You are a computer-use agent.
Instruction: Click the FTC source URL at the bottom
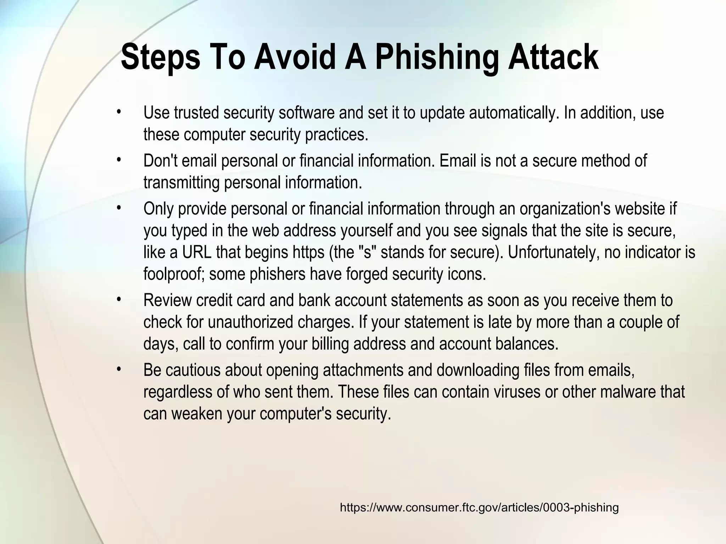pyautogui.click(x=479, y=508)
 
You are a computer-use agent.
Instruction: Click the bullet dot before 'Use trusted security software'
pyautogui.click(x=119, y=112)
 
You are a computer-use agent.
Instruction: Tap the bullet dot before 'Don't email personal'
pyautogui.click(x=119, y=160)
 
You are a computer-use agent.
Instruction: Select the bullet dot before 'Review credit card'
pyautogui.click(x=119, y=300)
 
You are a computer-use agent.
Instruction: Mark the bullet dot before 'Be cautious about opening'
pyautogui.click(x=119, y=370)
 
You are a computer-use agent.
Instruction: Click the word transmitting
pyautogui.click(x=181, y=183)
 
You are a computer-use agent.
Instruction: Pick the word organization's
pyautogui.click(x=565, y=209)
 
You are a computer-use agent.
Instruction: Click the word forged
pyautogui.click(x=367, y=274)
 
